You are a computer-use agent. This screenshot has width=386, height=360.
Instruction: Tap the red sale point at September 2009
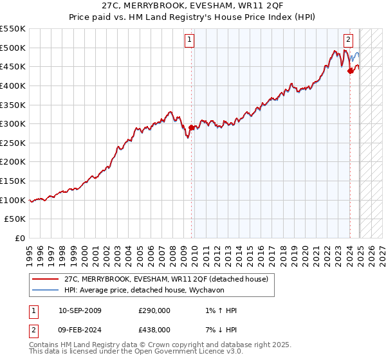(191, 127)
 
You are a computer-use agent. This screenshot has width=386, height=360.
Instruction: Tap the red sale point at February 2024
(350, 71)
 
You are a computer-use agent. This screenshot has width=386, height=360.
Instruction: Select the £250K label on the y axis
(13, 143)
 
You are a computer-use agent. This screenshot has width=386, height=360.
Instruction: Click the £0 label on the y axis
(20, 238)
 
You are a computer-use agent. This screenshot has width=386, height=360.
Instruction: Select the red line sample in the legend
(46, 278)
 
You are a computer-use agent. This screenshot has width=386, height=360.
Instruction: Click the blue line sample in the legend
(46, 289)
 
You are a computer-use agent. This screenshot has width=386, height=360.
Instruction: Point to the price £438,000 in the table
(154, 329)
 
